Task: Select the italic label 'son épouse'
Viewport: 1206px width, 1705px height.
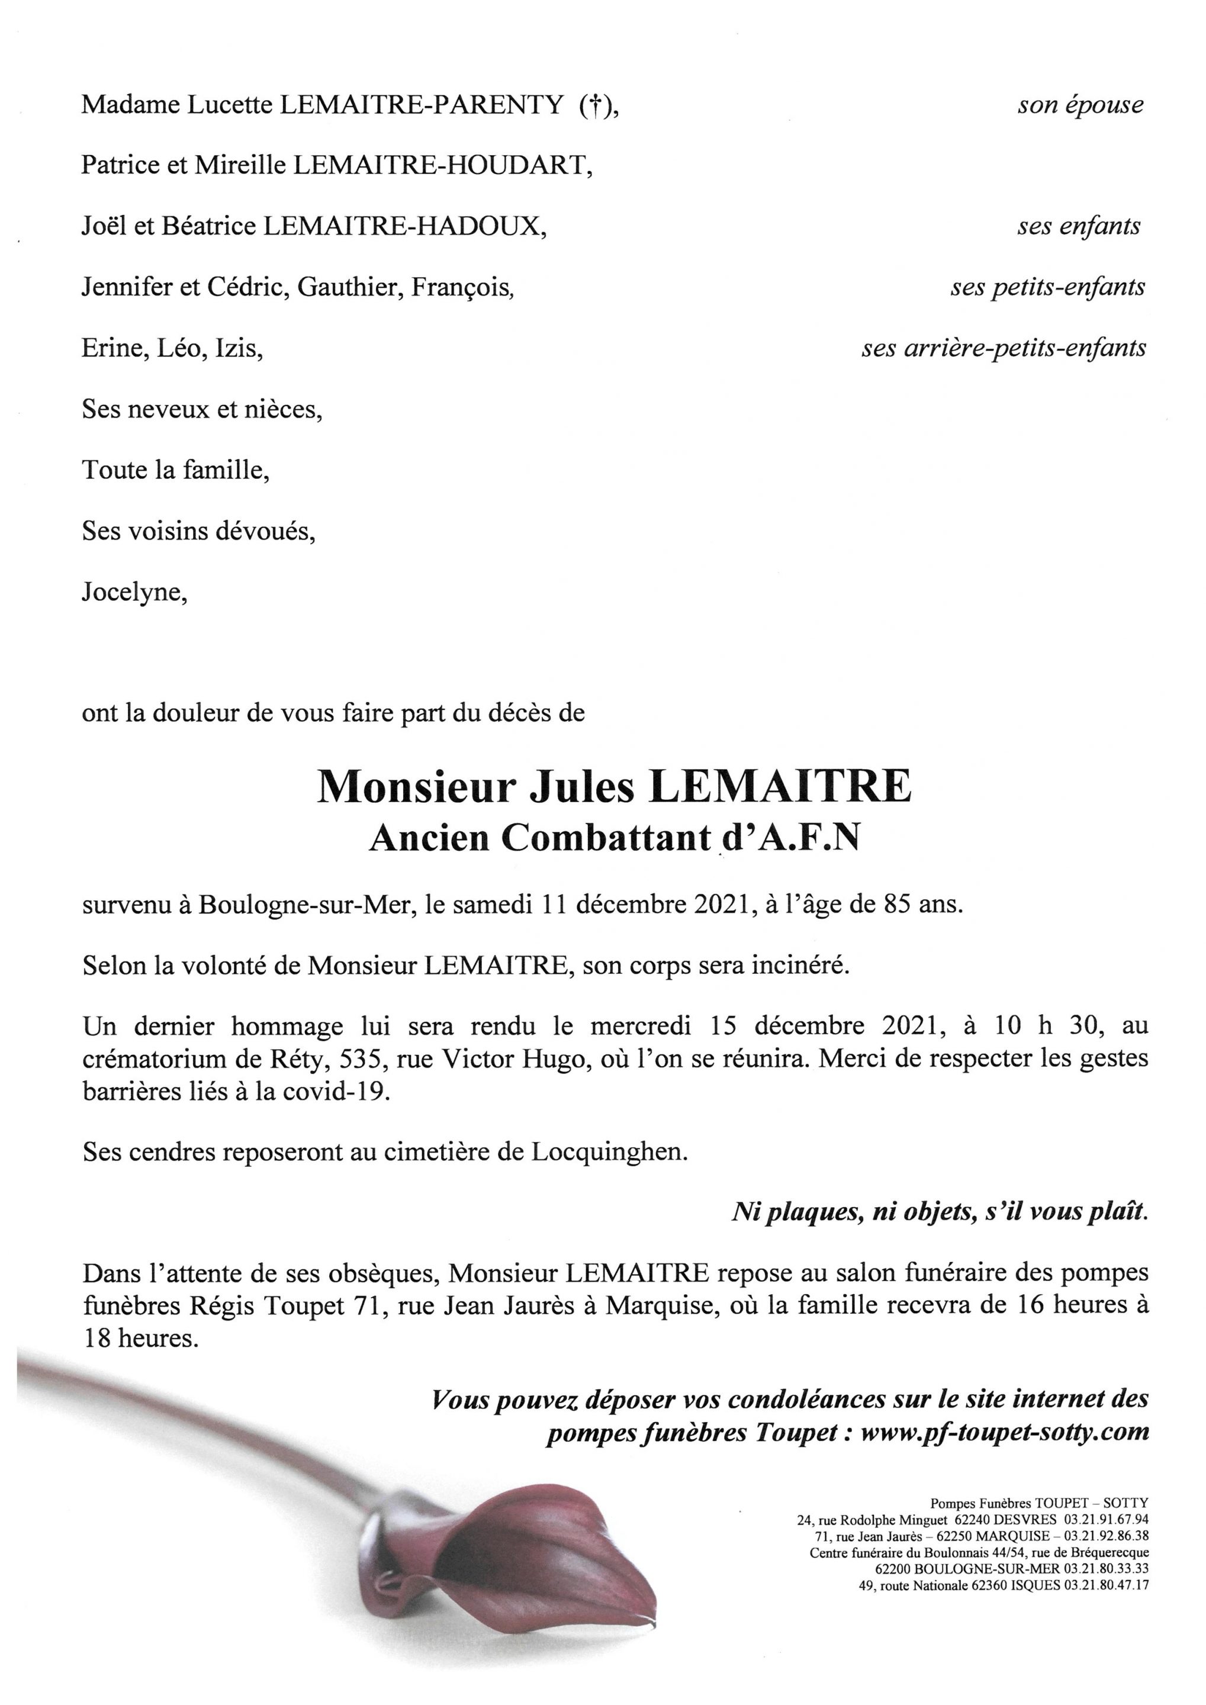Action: [x=1080, y=106]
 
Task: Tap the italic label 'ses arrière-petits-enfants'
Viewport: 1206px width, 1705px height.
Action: [x=1004, y=348]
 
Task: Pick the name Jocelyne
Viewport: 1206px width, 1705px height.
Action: [x=134, y=593]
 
